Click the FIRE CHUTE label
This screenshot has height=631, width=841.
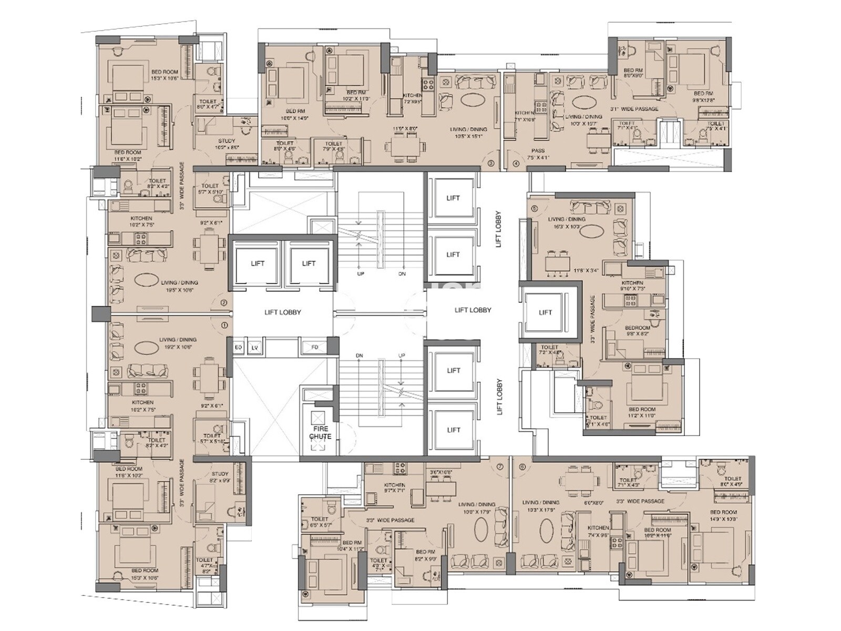[320, 433]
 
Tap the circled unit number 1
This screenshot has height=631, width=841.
[224, 325]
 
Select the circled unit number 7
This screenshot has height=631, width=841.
[500, 467]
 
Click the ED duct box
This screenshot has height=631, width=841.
[238, 348]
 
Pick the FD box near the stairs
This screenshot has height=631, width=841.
[315, 348]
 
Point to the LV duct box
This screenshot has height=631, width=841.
[255, 348]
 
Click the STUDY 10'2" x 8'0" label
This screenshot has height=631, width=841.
[227, 144]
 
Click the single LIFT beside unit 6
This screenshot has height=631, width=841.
[545, 312]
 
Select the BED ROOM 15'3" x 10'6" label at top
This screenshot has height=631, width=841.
[165, 75]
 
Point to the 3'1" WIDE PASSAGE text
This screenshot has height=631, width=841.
[634, 109]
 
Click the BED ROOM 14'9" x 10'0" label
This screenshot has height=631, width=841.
[723, 515]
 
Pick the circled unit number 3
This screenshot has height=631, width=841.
[490, 164]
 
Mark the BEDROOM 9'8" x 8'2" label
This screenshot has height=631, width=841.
[638, 330]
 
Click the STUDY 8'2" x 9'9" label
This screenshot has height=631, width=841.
[220, 477]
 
